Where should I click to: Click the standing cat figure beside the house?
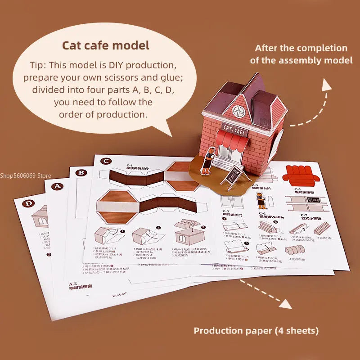point(207,162)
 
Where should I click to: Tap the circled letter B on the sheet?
point(81,172)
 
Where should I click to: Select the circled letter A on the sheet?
point(58,186)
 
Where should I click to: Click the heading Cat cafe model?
point(106,45)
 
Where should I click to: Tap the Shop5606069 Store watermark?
point(26,175)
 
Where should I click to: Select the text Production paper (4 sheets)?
point(256,331)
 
